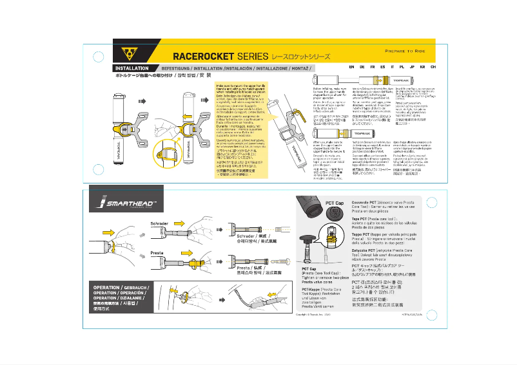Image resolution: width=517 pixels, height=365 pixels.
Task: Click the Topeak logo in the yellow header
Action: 128,51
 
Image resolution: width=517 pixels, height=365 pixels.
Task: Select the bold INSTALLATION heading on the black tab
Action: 132,68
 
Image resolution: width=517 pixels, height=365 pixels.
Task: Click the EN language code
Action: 351,67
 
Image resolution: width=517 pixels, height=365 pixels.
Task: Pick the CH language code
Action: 433,67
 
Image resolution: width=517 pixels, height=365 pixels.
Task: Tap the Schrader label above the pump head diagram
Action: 159,224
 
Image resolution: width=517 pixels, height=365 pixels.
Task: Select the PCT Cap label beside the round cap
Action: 335,203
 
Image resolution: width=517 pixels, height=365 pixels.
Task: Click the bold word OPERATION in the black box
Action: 106,287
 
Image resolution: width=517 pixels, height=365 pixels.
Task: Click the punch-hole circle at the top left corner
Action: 98,57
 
